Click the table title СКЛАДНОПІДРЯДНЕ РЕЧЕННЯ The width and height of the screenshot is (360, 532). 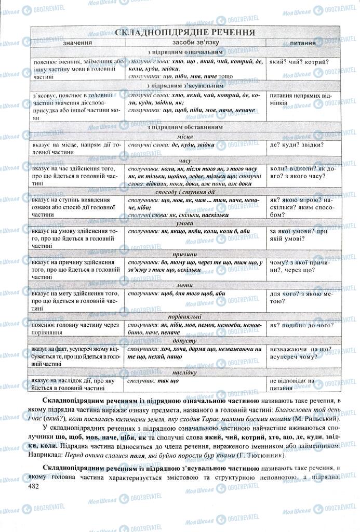[184, 32]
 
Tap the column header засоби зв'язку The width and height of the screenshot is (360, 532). [194, 43]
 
